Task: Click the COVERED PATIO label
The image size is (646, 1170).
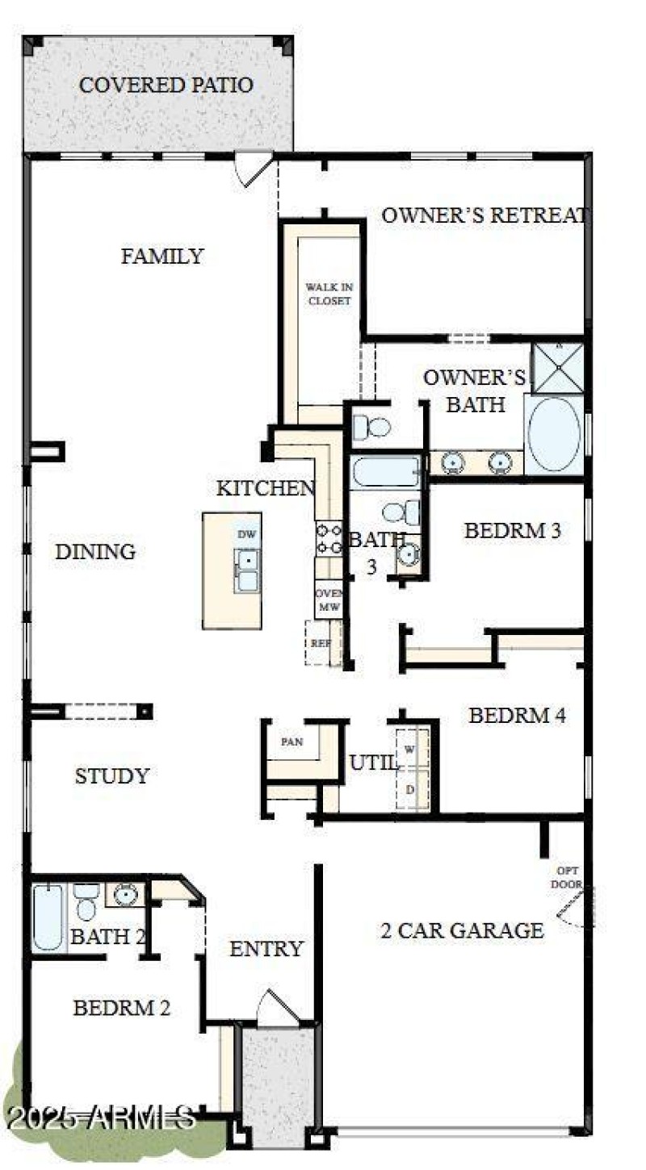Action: point(166,85)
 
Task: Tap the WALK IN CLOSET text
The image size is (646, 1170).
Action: point(328,294)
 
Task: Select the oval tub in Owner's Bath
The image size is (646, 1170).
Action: point(553,433)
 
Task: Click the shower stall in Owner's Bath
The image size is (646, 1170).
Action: point(558,367)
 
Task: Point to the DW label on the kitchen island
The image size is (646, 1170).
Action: point(246,534)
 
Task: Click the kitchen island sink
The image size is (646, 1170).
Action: point(247,570)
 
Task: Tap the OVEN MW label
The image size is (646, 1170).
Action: point(329,599)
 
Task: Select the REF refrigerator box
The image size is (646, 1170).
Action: point(322,643)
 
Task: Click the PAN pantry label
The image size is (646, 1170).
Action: point(292,742)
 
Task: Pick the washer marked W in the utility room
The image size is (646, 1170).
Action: point(410,750)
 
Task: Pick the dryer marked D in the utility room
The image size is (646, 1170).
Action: point(410,788)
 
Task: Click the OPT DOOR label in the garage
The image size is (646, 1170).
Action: point(567,877)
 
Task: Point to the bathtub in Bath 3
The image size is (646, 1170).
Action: point(385,472)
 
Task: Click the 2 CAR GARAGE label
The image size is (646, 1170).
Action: point(461,930)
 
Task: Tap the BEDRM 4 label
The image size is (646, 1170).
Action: point(517,715)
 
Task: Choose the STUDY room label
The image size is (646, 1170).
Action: point(112,776)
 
